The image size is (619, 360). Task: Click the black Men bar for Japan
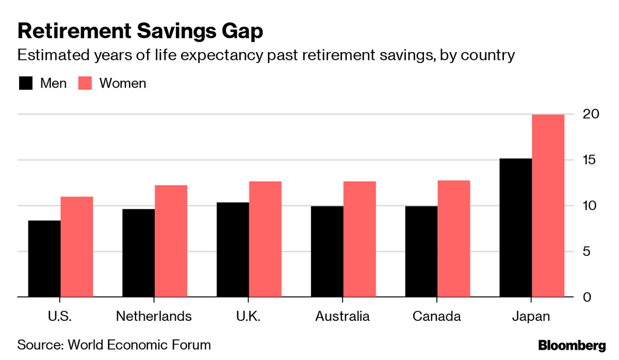pyautogui.click(x=516, y=228)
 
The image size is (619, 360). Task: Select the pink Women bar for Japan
pyautogui.click(x=548, y=206)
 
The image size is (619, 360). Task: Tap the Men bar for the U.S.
pyautogui.click(x=44, y=259)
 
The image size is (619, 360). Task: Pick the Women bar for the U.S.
pyautogui.click(x=77, y=247)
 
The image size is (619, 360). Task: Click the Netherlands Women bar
pyautogui.click(x=171, y=241)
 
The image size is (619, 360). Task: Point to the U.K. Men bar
pyautogui.click(x=233, y=250)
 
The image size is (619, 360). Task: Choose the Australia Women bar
pyautogui.click(x=360, y=239)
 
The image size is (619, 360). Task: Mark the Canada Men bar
pyautogui.click(x=421, y=252)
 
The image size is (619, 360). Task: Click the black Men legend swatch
pyautogui.click(x=25, y=83)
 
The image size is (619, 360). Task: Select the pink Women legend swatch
pyautogui.click(x=85, y=83)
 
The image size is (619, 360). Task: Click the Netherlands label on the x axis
pyautogui.click(x=154, y=316)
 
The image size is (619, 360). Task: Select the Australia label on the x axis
pyautogui.click(x=343, y=316)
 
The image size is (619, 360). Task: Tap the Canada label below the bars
pyautogui.click(x=437, y=316)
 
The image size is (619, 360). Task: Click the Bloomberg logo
pyautogui.click(x=572, y=345)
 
